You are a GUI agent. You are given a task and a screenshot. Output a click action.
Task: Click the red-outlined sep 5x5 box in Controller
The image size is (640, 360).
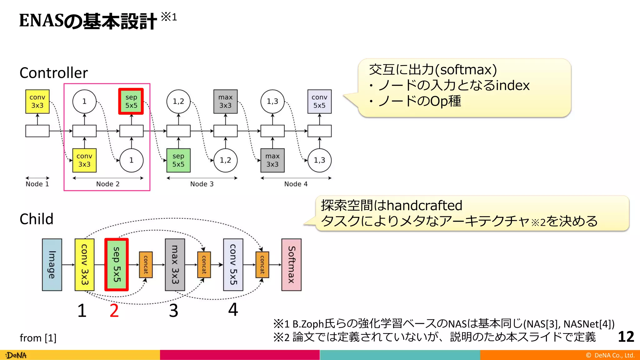point(131,101)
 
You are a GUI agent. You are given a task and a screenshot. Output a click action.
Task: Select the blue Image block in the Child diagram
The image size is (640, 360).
point(52,265)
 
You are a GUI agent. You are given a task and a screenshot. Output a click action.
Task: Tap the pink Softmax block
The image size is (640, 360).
point(291,265)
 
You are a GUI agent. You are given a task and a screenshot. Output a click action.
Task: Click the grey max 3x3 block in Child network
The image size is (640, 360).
point(175,265)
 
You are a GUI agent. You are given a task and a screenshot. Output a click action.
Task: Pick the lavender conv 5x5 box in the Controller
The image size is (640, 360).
point(319,101)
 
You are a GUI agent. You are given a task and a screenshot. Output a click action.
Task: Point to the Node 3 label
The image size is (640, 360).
point(202,184)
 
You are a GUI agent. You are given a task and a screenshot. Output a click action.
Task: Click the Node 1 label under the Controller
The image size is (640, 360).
point(37,184)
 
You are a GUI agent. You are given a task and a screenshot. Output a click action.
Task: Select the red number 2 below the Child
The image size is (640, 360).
point(114,311)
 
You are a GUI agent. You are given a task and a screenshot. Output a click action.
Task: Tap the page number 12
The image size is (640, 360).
point(626,337)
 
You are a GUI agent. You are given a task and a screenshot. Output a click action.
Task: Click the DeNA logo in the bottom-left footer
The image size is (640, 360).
point(16,355)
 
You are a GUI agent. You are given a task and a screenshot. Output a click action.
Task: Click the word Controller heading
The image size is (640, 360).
point(53,73)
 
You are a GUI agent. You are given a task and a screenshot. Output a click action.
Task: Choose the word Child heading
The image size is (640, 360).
point(36,219)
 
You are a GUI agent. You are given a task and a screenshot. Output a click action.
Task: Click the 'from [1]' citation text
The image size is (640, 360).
point(38,338)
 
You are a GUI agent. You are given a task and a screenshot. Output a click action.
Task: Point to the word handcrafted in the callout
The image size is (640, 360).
point(424,206)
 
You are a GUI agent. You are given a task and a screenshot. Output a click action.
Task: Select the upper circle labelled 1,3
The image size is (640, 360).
point(272,101)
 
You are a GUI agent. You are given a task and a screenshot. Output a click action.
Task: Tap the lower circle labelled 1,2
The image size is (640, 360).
point(225,160)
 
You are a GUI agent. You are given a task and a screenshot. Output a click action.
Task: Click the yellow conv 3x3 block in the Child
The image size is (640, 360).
point(84,265)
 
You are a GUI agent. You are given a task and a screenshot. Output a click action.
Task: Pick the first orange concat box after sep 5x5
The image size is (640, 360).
point(146,265)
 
